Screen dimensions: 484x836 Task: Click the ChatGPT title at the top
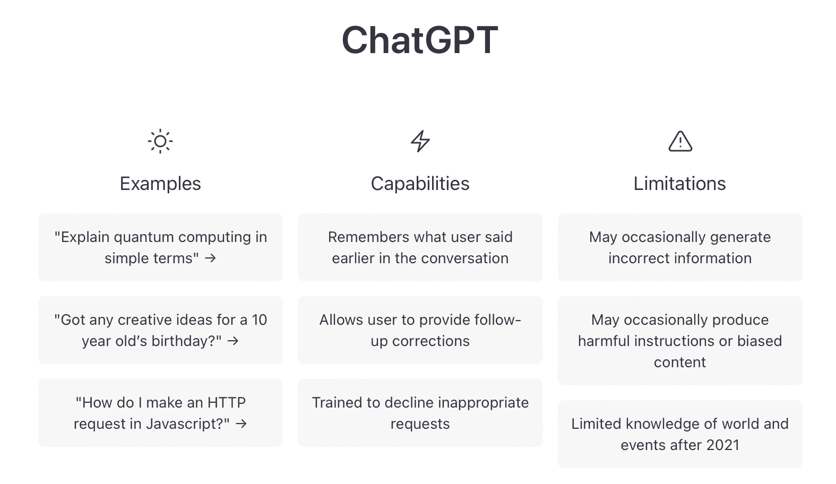point(419,40)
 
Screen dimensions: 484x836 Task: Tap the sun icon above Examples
point(160,141)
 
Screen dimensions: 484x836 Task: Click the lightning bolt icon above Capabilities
point(420,141)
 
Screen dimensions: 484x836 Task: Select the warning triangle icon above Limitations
point(680,142)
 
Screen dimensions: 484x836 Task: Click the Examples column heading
point(160,184)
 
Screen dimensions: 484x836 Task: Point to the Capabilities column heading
point(420,184)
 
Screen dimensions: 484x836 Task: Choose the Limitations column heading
point(679,184)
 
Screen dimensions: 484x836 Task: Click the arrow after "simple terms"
point(211,258)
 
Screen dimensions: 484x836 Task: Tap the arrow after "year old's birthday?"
point(233,341)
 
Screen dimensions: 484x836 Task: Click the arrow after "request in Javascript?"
point(241,424)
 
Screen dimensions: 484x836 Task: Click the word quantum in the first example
point(144,237)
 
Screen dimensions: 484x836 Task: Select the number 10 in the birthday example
point(259,320)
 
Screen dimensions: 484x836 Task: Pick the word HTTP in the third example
point(226,403)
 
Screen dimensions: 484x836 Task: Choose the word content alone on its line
point(679,362)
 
